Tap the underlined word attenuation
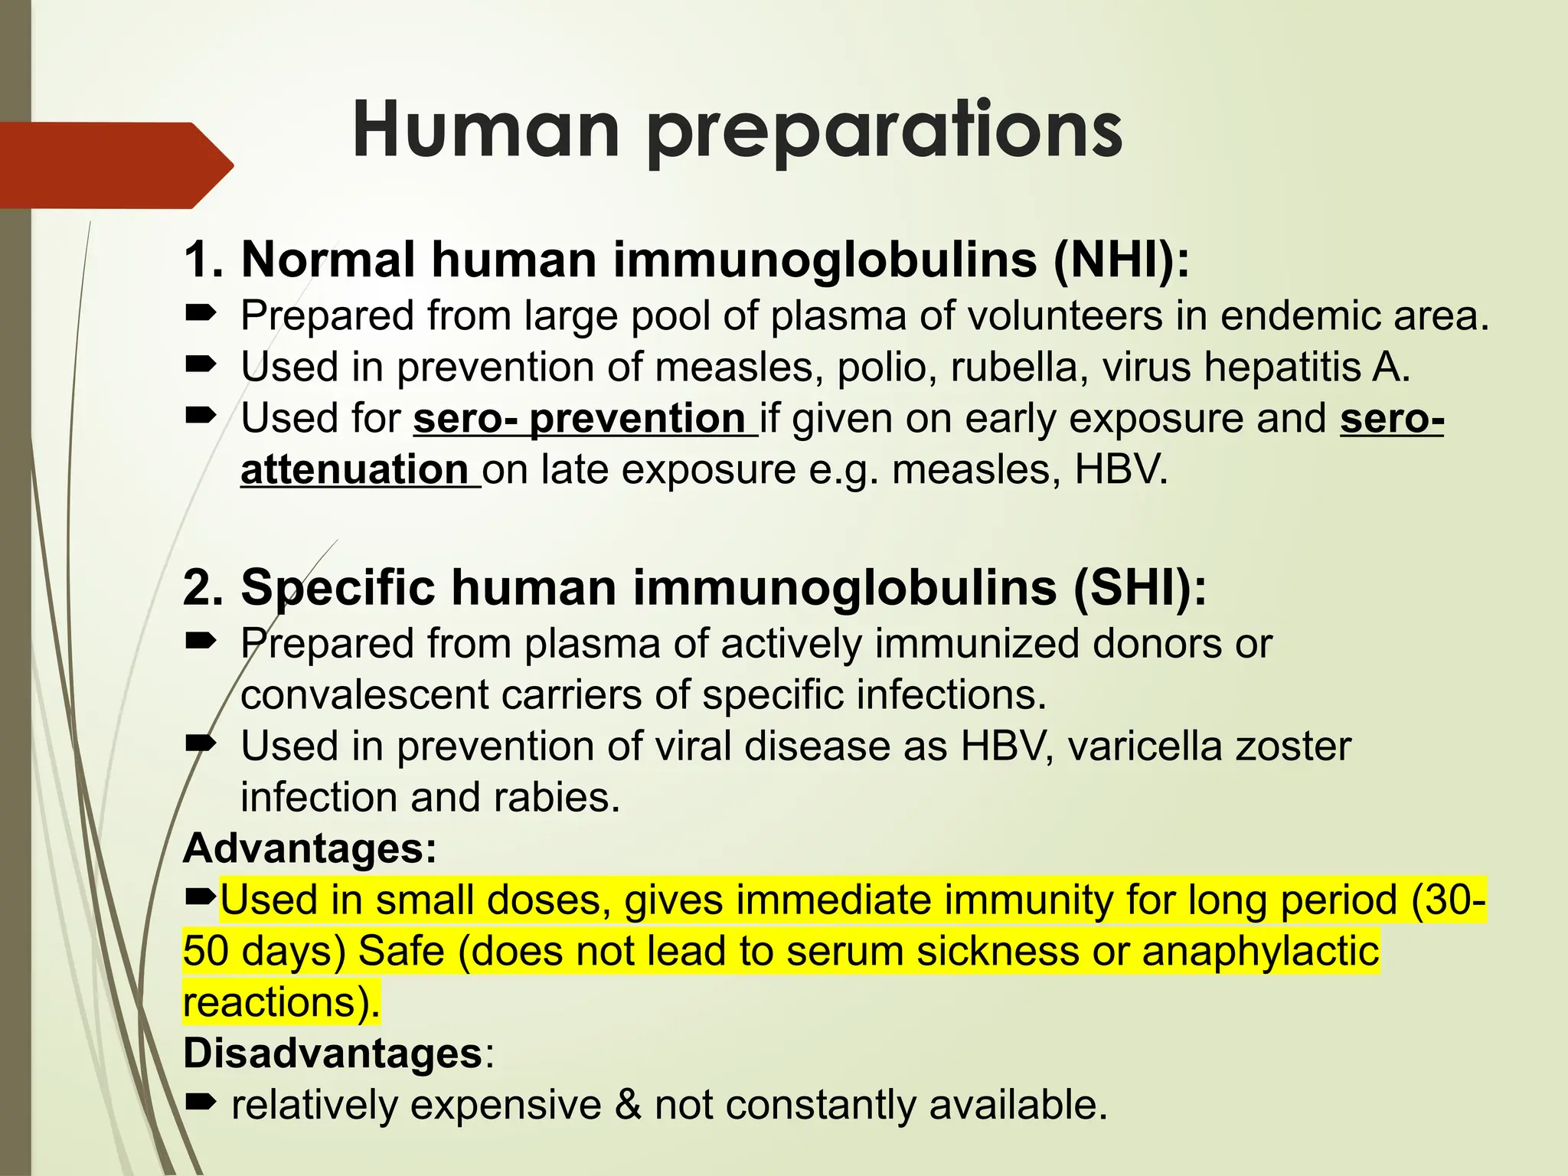(x=354, y=469)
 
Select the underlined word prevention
(x=637, y=419)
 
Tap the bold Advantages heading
(x=309, y=848)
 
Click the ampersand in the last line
(x=628, y=1105)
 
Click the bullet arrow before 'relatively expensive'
(x=201, y=1102)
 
